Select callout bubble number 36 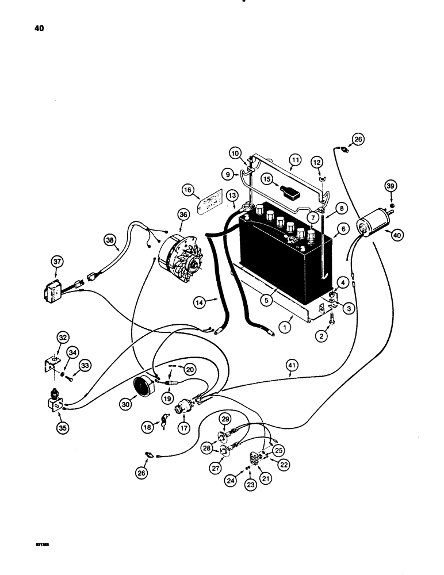point(183,215)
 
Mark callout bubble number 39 point(391,185)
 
